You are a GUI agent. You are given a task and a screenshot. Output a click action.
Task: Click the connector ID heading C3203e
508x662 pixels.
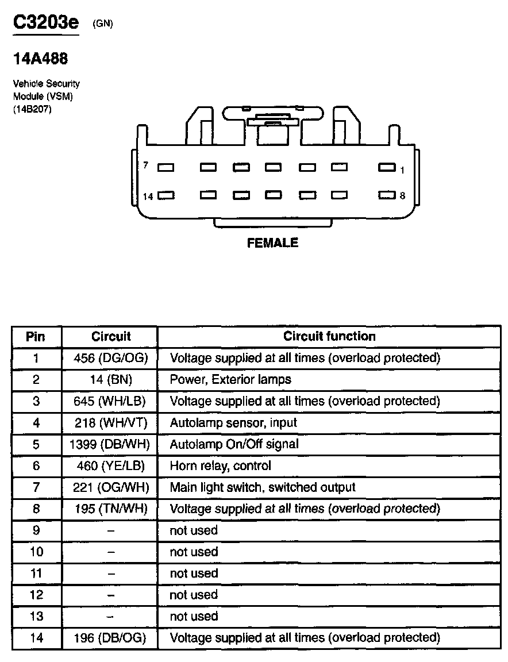(46, 25)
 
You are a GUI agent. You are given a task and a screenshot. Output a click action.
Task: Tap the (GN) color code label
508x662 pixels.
(102, 24)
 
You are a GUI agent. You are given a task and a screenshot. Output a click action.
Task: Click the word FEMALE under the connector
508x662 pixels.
(272, 243)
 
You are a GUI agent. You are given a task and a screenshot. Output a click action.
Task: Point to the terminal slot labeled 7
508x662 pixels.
(166, 168)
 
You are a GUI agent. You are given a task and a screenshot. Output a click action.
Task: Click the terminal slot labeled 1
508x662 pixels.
(387, 168)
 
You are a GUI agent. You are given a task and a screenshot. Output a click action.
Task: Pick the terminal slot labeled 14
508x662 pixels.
(166, 195)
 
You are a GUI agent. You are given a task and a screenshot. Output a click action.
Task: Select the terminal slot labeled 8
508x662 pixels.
(387, 195)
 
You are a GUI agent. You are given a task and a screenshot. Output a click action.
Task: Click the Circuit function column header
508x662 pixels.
(329, 336)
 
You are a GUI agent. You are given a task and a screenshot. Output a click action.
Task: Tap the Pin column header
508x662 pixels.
(36, 336)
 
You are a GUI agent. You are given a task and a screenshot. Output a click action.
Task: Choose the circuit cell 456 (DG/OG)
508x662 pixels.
(111, 358)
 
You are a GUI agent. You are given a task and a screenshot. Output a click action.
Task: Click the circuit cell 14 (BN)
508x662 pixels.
(111, 379)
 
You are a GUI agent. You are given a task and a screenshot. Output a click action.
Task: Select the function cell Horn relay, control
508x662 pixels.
(220, 465)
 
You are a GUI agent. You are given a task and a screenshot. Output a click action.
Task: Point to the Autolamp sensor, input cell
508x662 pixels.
(233, 423)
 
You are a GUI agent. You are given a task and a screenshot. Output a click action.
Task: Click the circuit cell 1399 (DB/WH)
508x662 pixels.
(111, 444)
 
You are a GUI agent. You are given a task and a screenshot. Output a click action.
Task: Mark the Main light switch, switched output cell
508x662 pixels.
(263, 487)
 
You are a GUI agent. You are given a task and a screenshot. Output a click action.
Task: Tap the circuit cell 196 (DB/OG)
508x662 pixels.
(111, 637)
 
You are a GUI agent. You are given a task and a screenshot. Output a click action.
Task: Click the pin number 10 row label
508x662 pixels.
(36, 552)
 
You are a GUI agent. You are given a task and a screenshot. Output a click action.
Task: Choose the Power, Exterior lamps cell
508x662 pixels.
(230, 379)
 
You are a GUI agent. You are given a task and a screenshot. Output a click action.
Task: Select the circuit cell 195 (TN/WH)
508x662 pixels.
(111, 509)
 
